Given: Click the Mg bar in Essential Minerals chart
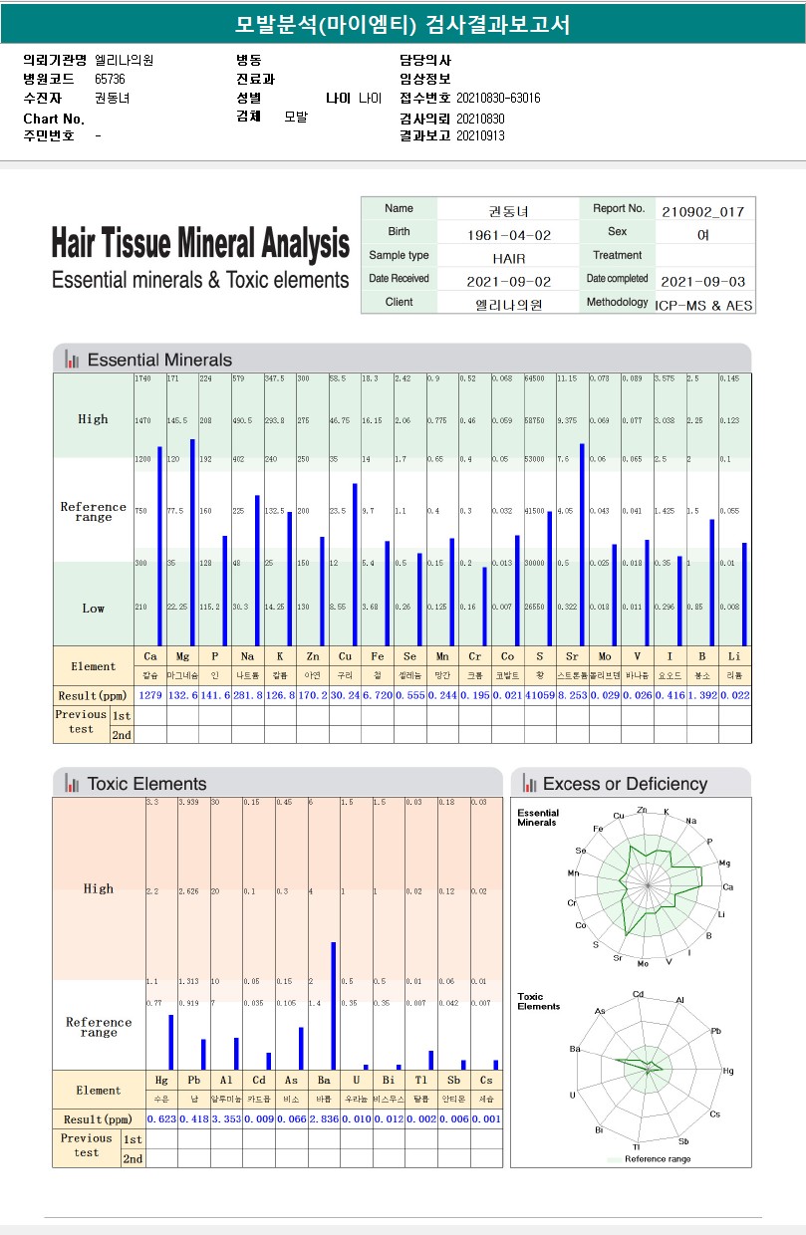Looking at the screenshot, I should (x=192, y=542).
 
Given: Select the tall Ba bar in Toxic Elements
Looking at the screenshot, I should (x=334, y=1005).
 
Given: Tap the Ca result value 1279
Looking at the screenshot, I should (x=149, y=695).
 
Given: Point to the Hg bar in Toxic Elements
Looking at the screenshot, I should (x=170, y=1042).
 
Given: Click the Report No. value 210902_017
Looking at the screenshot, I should (x=702, y=211).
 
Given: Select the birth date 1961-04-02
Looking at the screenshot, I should (x=509, y=235).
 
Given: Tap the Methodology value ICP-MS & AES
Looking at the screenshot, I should (x=703, y=305).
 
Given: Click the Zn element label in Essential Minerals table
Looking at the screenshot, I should (x=312, y=656).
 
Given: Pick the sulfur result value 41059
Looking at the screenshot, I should (x=539, y=695).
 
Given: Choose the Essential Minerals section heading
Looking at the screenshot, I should (x=159, y=360).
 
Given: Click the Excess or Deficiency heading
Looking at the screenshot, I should (x=625, y=784).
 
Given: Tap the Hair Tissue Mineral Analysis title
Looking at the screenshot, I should (x=200, y=243).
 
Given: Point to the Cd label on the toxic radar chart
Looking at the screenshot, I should (x=638, y=994).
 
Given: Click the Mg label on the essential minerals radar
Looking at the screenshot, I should (x=724, y=864).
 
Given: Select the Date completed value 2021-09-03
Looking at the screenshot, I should (x=702, y=282).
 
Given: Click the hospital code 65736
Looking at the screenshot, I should (x=110, y=79).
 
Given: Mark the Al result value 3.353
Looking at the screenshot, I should (x=226, y=1119).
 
